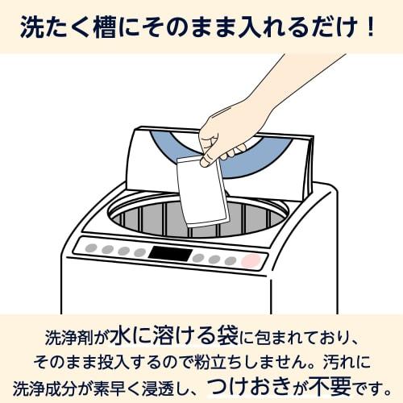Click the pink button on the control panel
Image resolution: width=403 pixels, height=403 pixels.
251,261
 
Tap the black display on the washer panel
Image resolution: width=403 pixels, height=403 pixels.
170,254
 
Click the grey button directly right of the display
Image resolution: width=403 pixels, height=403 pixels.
198,257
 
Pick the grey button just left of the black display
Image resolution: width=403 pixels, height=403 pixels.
139,251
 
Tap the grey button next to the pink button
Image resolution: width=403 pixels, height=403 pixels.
231,260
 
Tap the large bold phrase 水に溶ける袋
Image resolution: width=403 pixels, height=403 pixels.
186,332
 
